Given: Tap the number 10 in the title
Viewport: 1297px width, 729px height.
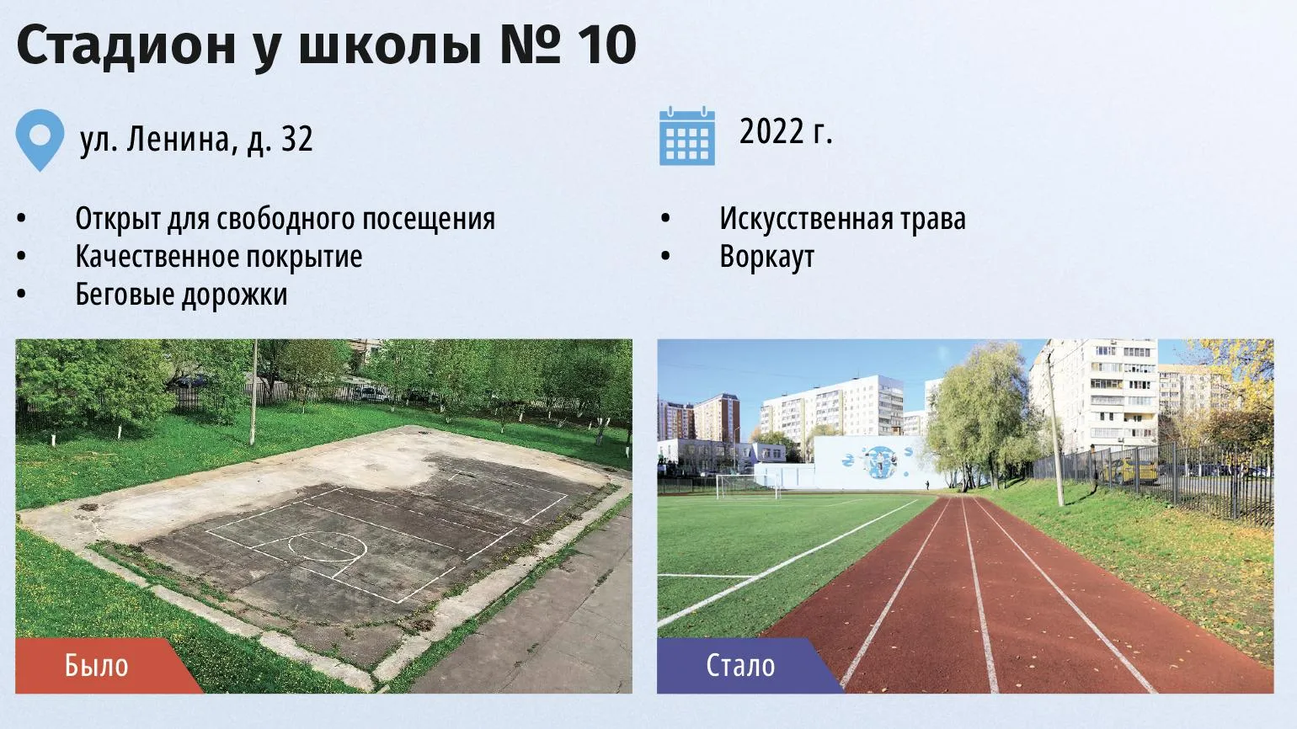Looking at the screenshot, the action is [x=606, y=45].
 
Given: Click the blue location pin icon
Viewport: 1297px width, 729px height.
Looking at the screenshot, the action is [x=40, y=140].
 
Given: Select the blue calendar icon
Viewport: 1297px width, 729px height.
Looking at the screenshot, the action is [x=687, y=136].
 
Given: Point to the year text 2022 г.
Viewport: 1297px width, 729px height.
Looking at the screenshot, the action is [x=786, y=131].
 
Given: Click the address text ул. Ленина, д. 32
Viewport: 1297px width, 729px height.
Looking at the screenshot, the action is [x=196, y=140].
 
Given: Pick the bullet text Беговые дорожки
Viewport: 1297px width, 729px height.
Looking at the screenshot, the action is [x=181, y=295].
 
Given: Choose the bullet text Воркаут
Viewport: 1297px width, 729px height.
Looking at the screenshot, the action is [x=766, y=257].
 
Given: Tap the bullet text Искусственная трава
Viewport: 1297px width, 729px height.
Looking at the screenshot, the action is [x=842, y=219].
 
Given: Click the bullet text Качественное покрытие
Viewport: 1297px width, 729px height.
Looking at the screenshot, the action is [x=219, y=257].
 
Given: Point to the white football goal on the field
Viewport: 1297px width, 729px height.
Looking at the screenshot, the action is [x=748, y=487].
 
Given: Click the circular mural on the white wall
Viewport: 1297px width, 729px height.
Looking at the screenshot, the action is [x=879, y=461].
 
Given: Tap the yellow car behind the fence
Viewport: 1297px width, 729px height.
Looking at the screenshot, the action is [x=1129, y=470].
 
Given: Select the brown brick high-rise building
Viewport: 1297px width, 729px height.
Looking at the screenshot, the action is [x=717, y=418].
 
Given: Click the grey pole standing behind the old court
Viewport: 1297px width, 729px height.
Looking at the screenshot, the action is [x=253, y=392].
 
